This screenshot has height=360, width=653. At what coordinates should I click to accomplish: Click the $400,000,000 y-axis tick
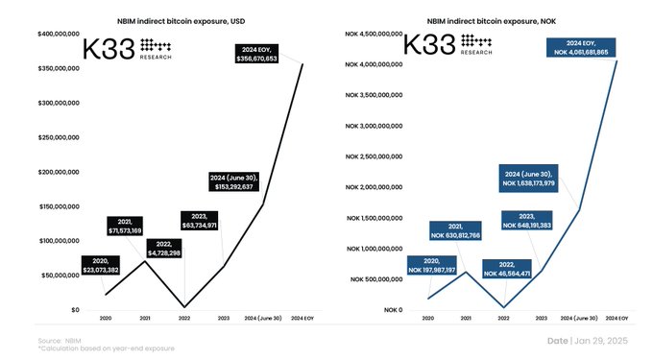coord(58,36)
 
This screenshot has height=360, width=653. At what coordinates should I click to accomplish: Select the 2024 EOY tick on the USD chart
coord(303,318)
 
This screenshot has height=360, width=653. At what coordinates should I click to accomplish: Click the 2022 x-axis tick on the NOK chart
coord(502,318)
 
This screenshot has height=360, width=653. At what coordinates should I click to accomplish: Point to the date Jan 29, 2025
coord(589,341)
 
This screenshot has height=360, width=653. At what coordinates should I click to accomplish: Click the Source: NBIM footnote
coord(60,340)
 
